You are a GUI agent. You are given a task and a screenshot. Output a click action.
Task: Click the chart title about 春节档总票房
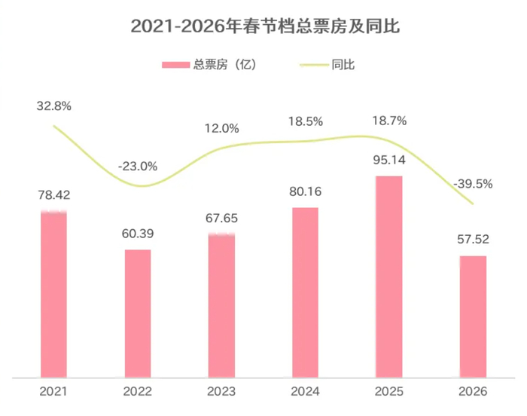[264, 26]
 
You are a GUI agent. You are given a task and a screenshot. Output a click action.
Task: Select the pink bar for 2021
[53, 294]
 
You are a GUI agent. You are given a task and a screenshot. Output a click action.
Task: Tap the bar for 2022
[138, 313]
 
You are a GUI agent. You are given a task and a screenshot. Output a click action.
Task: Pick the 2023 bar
[221, 305]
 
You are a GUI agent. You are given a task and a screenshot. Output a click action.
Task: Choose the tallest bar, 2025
[389, 276]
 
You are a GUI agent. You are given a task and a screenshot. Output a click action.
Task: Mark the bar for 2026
[473, 316]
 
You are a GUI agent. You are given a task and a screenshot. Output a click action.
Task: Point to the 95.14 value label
[389, 161]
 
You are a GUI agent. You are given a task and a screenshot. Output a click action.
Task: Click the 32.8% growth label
[53, 106]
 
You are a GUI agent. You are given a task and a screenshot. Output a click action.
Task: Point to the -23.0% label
[138, 166]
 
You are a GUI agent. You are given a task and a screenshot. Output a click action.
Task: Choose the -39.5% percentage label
[473, 184]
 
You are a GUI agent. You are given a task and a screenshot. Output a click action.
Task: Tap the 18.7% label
[389, 121]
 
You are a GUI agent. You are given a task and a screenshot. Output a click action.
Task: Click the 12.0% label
[221, 128]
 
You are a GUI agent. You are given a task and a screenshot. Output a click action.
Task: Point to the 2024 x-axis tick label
[305, 392]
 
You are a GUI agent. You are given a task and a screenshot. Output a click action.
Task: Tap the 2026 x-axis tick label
[473, 392]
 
